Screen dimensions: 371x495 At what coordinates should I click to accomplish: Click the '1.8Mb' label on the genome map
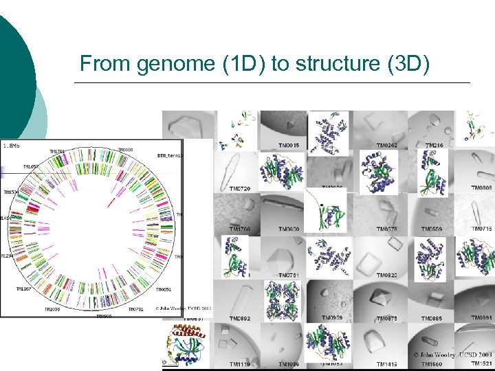(10, 146)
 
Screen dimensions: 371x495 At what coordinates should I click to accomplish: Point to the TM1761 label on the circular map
(58, 151)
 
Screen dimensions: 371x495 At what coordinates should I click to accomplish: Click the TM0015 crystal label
(289, 146)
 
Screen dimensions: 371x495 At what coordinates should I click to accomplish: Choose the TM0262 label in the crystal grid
(387, 146)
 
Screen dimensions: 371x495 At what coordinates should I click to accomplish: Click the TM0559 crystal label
(432, 229)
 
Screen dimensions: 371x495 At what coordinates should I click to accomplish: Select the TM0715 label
(481, 229)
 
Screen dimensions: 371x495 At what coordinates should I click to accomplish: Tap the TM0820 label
(387, 276)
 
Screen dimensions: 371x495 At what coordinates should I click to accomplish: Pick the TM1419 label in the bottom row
(387, 363)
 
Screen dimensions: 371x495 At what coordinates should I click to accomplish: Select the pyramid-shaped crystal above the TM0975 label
(379, 296)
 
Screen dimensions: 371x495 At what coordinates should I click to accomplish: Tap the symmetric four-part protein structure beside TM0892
(282, 300)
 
